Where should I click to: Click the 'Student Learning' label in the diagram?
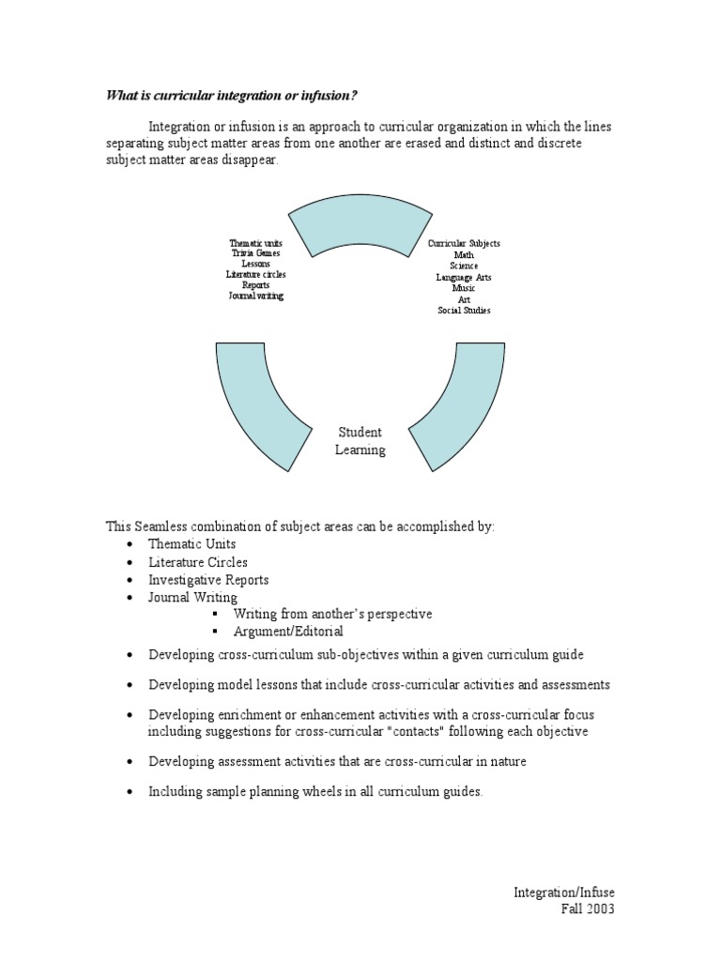click(x=360, y=441)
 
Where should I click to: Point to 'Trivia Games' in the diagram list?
click(x=255, y=253)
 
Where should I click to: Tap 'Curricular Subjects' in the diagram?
click(x=464, y=244)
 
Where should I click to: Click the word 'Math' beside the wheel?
click(x=464, y=255)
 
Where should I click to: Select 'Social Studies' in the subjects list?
click(x=464, y=311)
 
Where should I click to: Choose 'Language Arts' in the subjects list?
click(x=464, y=278)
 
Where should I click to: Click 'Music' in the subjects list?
click(x=464, y=289)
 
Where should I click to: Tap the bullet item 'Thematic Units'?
click(x=192, y=544)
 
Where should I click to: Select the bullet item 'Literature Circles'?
click(x=197, y=562)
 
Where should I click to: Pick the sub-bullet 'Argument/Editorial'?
click(x=288, y=632)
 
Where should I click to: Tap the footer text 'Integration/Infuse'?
click(x=564, y=892)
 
